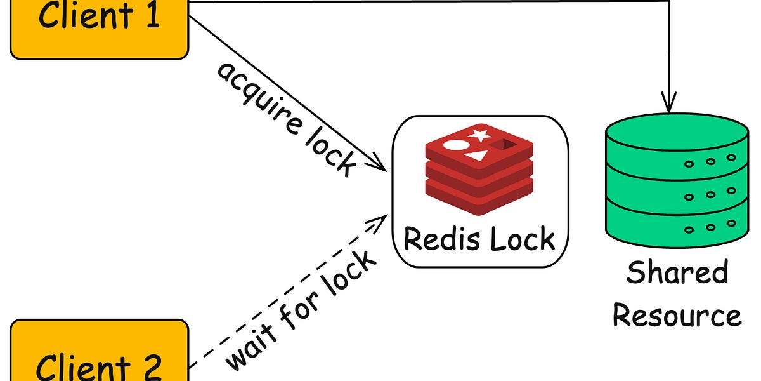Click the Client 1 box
(100, 25)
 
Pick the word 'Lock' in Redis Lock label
(521, 239)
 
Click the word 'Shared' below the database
(677, 273)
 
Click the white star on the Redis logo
(480, 135)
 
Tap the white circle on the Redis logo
(455, 144)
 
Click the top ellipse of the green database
(677, 133)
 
